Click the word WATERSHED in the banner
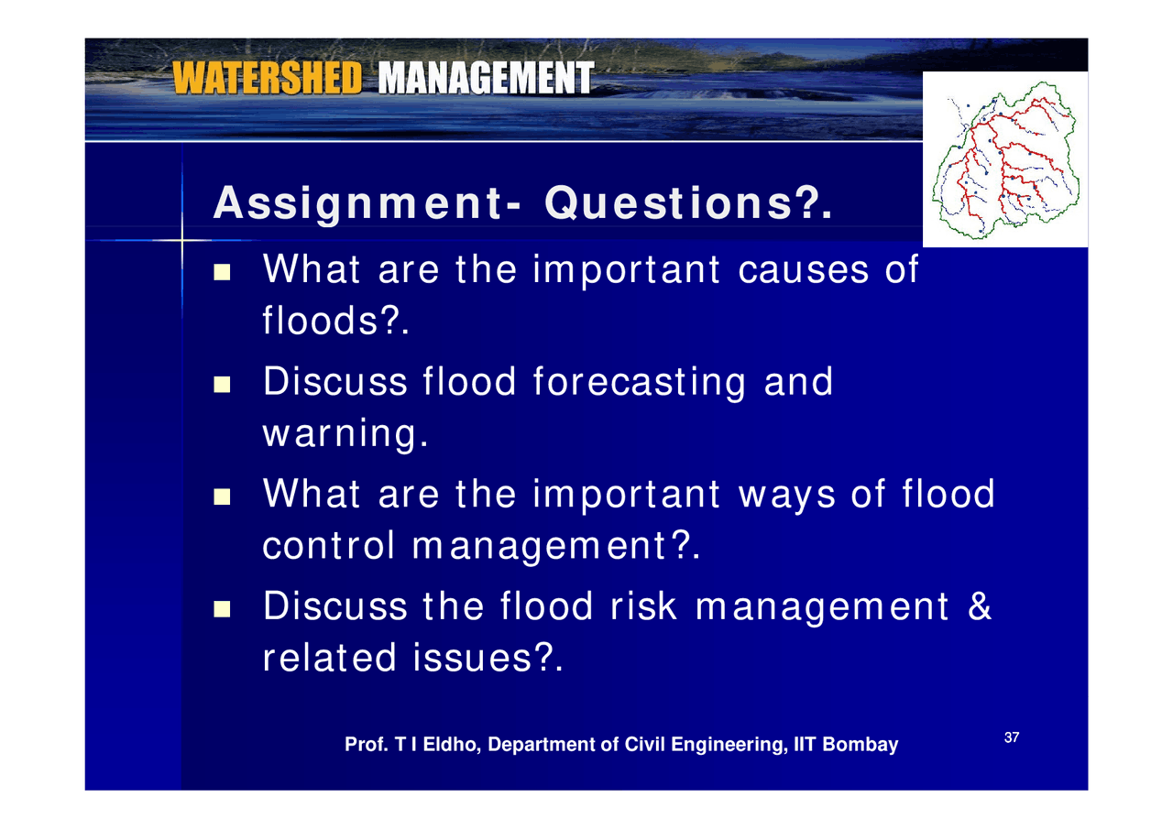click(267, 79)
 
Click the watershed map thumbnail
click(1005, 159)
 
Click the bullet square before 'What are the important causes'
click(222, 272)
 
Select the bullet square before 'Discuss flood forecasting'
click(222, 384)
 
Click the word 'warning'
click(341, 435)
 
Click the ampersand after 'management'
click(979, 607)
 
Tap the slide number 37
click(1013, 737)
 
